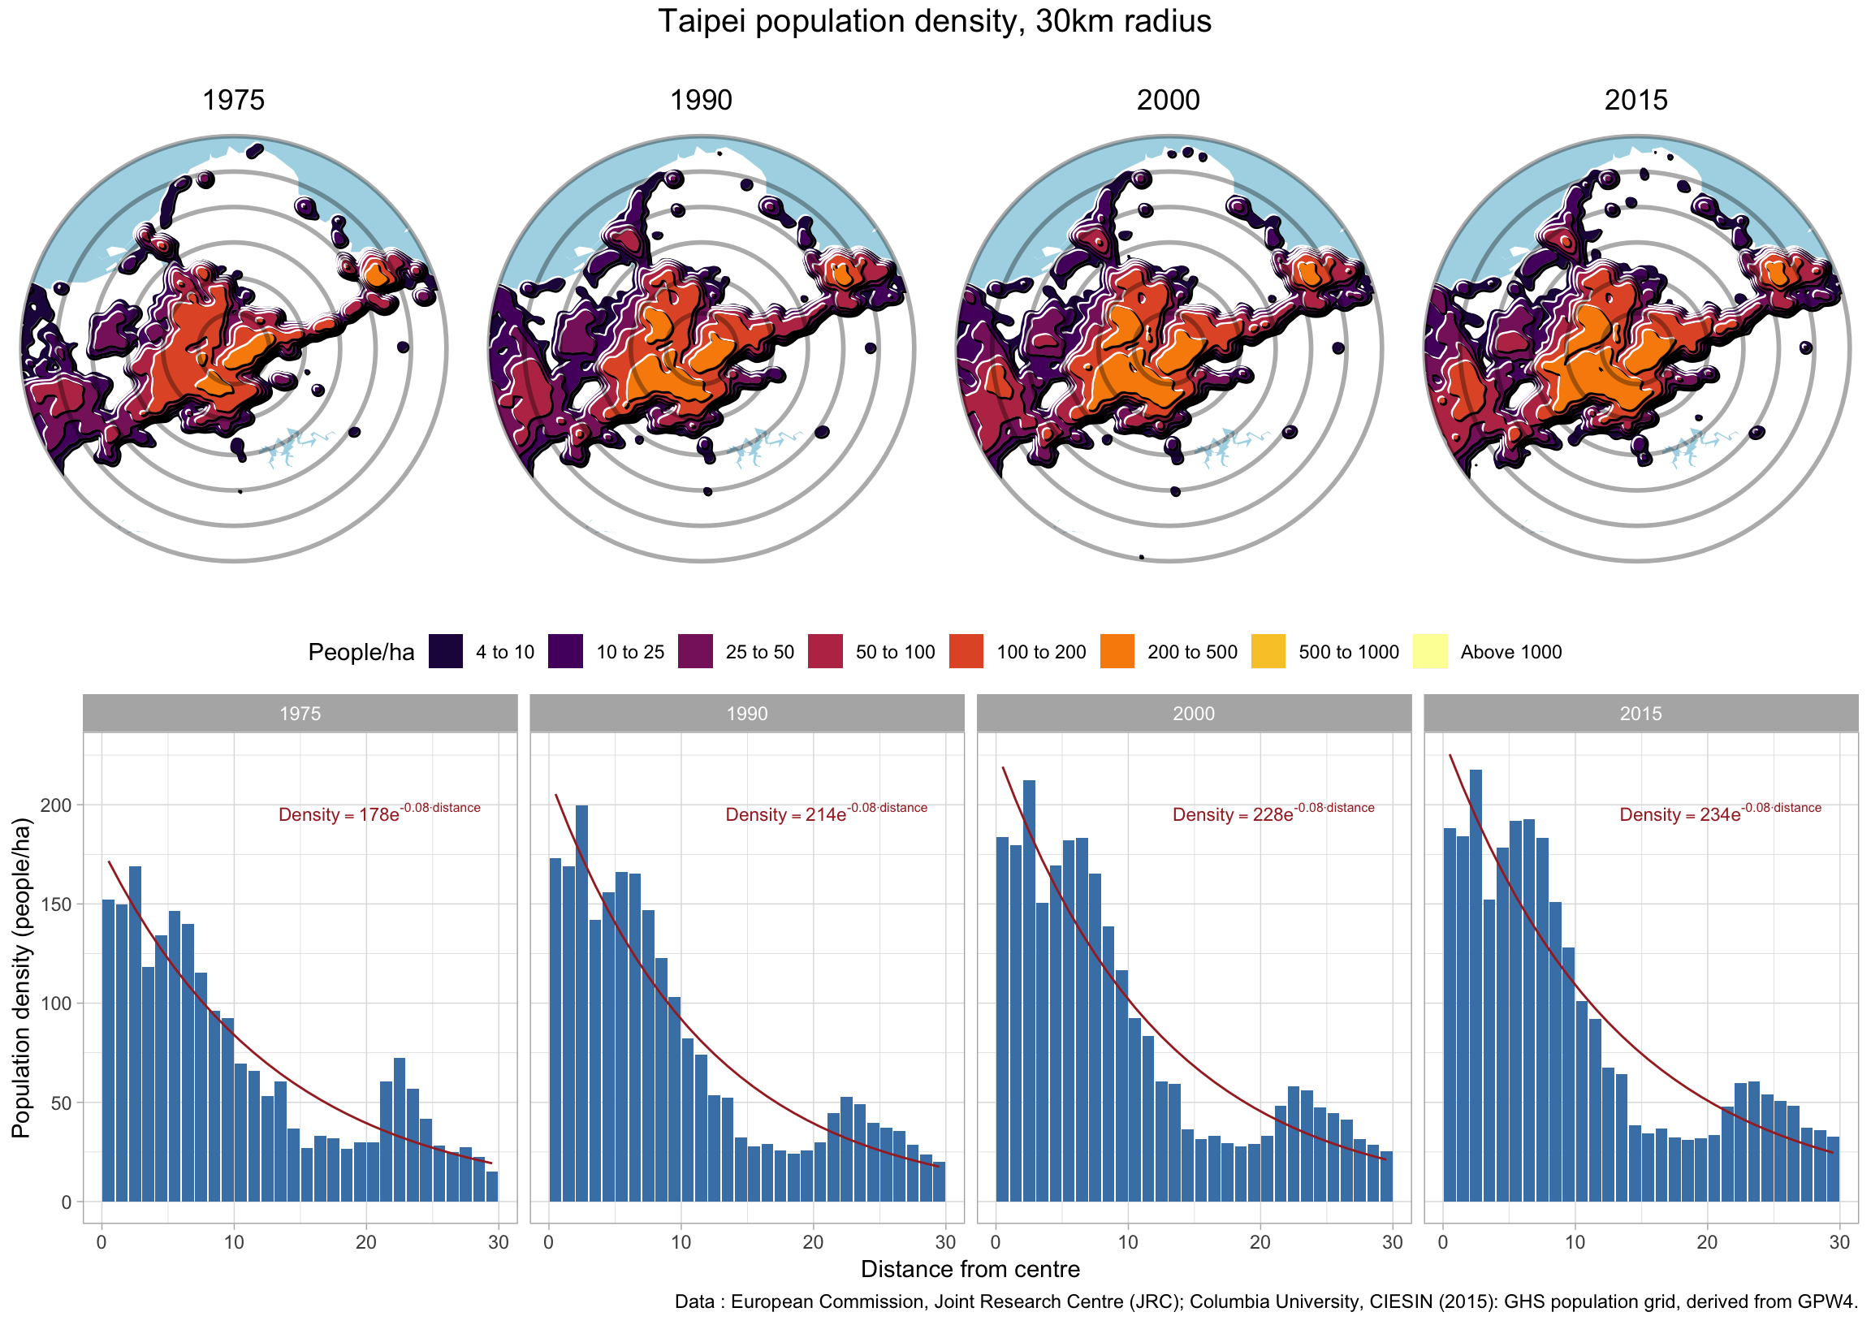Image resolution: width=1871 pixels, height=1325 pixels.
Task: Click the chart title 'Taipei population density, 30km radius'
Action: pyautogui.click(x=934, y=21)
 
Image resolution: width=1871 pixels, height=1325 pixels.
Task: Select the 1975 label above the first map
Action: pyautogui.click(x=233, y=101)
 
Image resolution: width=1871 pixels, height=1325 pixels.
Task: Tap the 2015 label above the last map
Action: pyautogui.click(x=1636, y=101)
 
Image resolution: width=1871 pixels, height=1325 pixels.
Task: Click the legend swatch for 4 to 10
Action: pyautogui.click(x=446, y=651)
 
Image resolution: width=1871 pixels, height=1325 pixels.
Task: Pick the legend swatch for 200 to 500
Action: pyautogui.click(x=1117, y=651)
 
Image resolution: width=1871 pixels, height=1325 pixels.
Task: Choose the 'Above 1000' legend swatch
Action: pyautogui.click(x=1429, y=651)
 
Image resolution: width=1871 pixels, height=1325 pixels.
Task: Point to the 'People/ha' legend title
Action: pyautogui.click(x=361, y=652)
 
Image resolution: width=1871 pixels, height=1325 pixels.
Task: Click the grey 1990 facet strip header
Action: pyautogui.click(x=746, y=713)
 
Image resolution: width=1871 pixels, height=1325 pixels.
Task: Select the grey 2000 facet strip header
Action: pyautogui.click(x=1193, y=713)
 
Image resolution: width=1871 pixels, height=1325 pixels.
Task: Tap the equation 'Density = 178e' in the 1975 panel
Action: pyautogui.click(x=339, y=814)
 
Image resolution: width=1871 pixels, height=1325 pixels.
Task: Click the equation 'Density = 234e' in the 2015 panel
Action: pyautogui.click(x=1680, y=814)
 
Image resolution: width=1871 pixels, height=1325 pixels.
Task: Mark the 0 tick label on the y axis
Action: pyautogui.click(x=66, y=1202)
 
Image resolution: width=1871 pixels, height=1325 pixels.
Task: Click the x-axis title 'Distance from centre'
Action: pyautogui.click(x=970, y=1269)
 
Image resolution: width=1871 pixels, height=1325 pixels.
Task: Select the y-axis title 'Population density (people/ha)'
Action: pyautogui.click(x=21, y=978)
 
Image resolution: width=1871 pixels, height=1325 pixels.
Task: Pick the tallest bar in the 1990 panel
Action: pyautogui.click(x=581, y=1003)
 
